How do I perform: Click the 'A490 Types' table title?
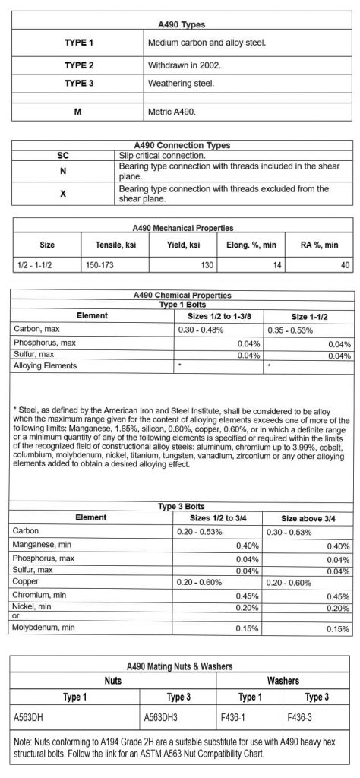pos(179,25)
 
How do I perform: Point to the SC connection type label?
pos(63,155)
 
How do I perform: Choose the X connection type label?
pos(63,194)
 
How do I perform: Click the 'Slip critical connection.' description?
pos(162,155)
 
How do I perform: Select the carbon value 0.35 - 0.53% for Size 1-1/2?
pos(292,330)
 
